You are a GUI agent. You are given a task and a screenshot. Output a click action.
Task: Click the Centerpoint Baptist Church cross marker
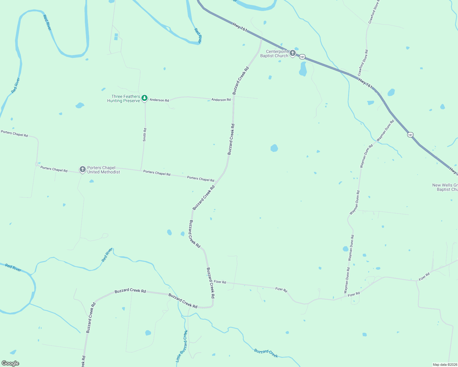(293, 53)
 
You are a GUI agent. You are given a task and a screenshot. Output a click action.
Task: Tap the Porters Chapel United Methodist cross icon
(82, 169)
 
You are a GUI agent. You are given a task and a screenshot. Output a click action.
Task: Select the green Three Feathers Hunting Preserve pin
(145, 98)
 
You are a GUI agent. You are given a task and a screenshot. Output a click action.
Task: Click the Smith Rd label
(145, 135)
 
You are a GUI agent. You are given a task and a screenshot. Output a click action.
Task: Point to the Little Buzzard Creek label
(182, 346)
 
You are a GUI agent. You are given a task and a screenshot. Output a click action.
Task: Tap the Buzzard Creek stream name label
(266, 353)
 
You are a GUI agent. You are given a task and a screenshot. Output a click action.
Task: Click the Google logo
(10, 363)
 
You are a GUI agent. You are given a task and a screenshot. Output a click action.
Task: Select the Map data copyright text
(445, 365)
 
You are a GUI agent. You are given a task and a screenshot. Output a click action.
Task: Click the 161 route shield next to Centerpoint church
(302, 57)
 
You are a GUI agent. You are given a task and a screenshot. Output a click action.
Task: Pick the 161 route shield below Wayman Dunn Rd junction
(410, 135)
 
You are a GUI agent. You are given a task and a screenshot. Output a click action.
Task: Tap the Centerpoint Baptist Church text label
(275, 54)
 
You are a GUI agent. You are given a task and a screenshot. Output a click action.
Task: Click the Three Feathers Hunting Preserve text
(124, 98)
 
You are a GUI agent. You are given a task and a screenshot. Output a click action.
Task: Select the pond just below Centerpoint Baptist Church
(303, 69)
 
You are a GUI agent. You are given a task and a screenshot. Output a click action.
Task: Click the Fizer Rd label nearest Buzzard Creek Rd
(220, 282)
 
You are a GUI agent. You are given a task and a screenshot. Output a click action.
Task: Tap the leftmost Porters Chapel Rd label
(14, 134)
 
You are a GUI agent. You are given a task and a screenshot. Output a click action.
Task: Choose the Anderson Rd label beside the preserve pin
(159, 100)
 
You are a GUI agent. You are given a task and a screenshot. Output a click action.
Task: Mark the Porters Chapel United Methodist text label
(103, 170)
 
